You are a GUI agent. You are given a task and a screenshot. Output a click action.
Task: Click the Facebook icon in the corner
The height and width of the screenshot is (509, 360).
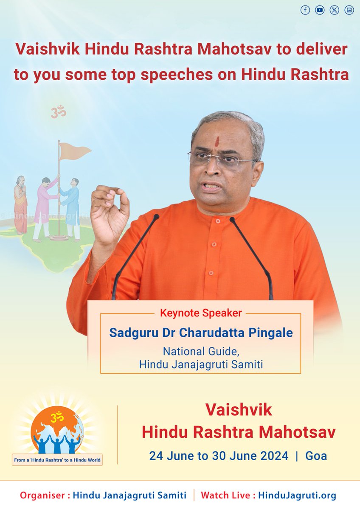click(x=305, y=11)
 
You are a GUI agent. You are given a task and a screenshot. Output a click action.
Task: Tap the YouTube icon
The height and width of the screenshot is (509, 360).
click(x=320, y=11)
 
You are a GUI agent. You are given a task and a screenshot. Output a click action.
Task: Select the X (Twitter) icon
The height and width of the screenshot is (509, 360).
click(x=335, y=11)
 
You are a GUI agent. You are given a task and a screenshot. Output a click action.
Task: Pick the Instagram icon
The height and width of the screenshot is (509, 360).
click(x=349, y=11)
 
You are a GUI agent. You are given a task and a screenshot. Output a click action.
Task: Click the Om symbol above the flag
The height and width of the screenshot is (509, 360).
click(x=59, y=112)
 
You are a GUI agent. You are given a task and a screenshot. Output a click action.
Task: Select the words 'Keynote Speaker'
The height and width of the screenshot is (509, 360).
click(x=201, y=313)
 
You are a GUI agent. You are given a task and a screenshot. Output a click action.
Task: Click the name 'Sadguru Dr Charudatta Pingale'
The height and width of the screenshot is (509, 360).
click(x=201, y=332)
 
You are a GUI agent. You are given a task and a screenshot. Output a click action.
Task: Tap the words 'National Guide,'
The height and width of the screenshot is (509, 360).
click(x=201, y=352)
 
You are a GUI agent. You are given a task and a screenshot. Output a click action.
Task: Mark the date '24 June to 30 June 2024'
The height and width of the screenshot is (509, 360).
click(x=218, y=456)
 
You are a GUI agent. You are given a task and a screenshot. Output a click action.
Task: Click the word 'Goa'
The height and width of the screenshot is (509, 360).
click(x=316, y=456)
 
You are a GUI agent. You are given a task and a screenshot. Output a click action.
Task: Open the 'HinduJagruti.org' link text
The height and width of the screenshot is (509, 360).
click(x=297, y=495)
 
